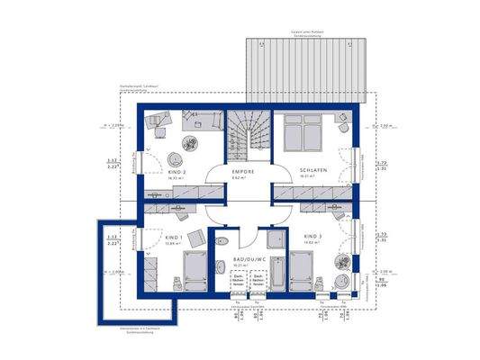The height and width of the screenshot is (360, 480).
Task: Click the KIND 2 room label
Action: (177, 171)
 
